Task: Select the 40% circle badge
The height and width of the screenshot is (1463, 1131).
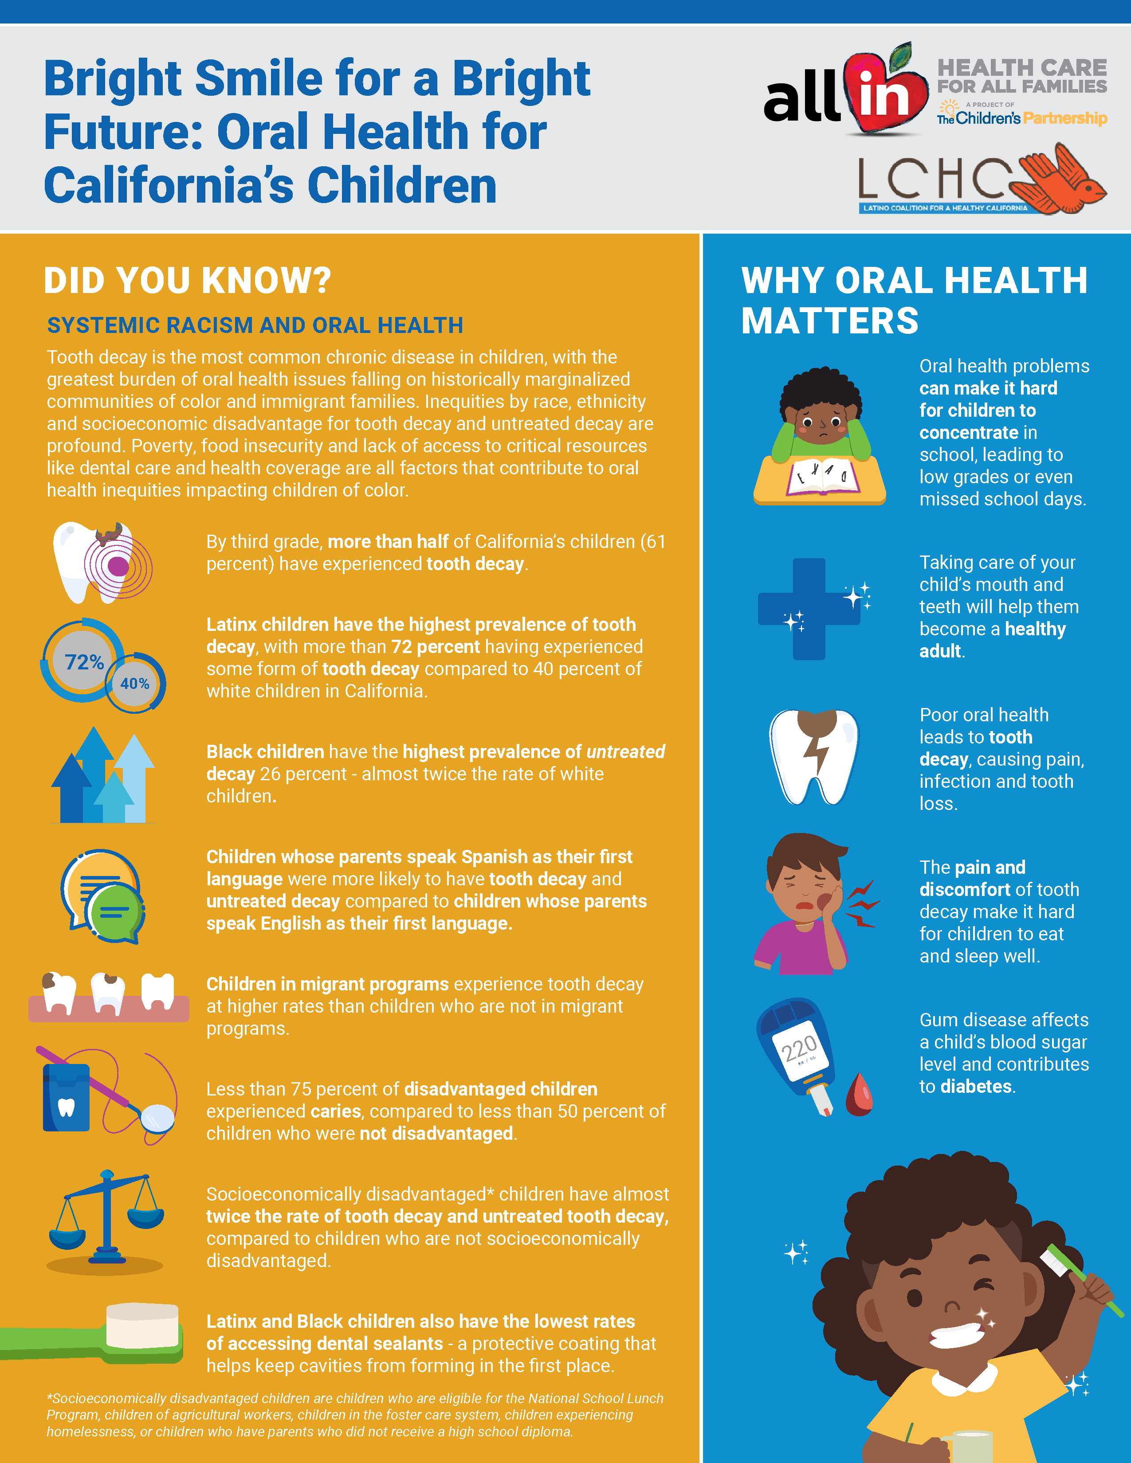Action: click(135, 683)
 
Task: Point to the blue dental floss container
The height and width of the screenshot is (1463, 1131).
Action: click(66, 1097)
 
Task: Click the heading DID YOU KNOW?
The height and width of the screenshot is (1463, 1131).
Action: click(188, 280)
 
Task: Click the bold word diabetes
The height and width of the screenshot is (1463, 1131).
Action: click(976, 1086)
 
